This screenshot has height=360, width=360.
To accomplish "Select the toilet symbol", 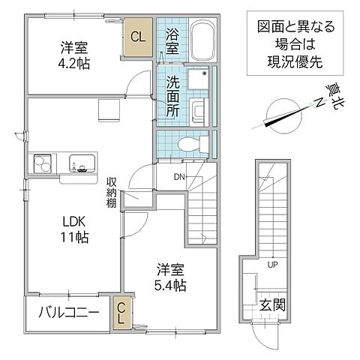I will [192, 143].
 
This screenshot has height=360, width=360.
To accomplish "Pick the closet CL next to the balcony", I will [121, 312].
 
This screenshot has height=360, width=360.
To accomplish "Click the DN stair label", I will [180, 177].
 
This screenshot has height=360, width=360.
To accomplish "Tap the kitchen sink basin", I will [80, 163].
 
